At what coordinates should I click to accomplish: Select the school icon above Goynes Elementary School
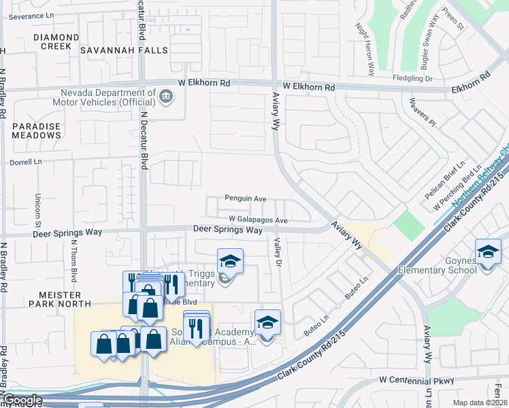click(487, 252)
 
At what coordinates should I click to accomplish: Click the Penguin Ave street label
click(246, 199)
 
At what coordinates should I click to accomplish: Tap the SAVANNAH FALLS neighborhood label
click(115, 50)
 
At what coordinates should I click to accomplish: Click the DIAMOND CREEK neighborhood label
click(42, 41)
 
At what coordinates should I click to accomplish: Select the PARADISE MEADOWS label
click(37, 131)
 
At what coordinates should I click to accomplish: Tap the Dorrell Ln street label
click(26, 163)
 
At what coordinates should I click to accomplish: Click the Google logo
click(22, 400)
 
